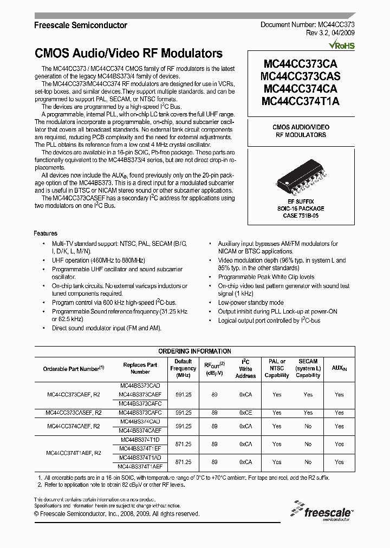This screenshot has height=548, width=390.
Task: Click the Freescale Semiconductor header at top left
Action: point(81,25)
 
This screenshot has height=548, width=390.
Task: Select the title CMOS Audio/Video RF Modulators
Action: point(128,54)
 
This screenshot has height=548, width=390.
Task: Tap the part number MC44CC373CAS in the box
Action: point(300,76)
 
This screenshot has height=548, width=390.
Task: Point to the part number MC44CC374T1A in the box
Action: point(300,101)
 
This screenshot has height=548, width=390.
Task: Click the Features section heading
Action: point(45,233)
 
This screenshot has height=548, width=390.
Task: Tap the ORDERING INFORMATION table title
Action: point(194,351)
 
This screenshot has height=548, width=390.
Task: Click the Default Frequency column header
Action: point(183,368)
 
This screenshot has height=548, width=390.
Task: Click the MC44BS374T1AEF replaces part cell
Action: point(140,466)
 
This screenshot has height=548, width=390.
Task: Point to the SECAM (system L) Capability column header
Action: point(308,368)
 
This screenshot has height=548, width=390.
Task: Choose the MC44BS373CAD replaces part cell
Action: point(140,385)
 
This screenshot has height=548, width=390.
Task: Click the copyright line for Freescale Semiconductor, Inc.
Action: point(116,513)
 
